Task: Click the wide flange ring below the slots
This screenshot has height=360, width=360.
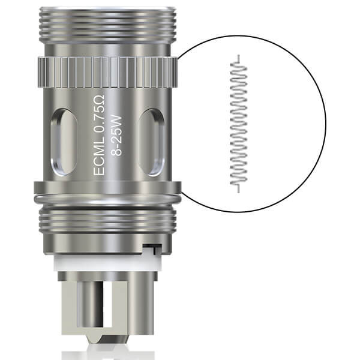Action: (108, 195)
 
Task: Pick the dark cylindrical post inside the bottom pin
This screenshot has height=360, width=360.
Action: (86, 312)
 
